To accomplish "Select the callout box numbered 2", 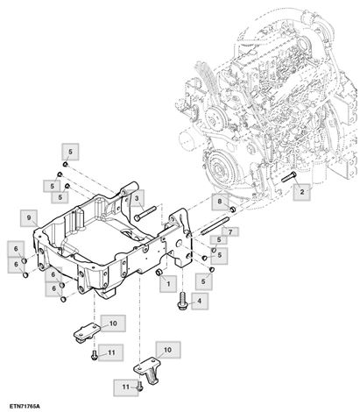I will [x=300, y=190].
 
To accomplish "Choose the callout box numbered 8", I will [x=220, y=202].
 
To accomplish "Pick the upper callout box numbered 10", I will [x=112, y=324].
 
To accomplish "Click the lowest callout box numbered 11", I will [x=125, y=386].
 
